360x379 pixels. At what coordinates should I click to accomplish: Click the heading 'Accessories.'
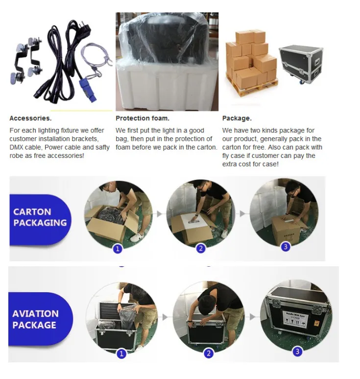[x=30, y=118]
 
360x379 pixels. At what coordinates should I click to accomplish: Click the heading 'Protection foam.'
[x=143, y=118]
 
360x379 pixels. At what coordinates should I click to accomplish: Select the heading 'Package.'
[x=237, y=118]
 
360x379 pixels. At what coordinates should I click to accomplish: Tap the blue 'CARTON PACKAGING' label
[x=40, y=217]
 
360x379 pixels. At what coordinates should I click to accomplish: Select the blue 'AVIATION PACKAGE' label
[x=35, y=319]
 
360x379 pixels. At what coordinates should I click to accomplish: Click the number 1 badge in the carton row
[x=118, y=249]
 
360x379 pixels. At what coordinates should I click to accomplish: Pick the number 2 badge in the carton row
[x=201, y=249]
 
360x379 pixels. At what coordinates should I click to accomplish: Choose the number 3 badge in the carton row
[x=286, y=247]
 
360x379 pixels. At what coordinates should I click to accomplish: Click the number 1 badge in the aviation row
[x=122, y=353]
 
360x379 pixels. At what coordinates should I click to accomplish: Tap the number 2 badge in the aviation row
[x=209, y=353]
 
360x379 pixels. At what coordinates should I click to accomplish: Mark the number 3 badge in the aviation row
[x=298, y=351]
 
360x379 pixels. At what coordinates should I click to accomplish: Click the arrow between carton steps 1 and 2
[x=159, y=214]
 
